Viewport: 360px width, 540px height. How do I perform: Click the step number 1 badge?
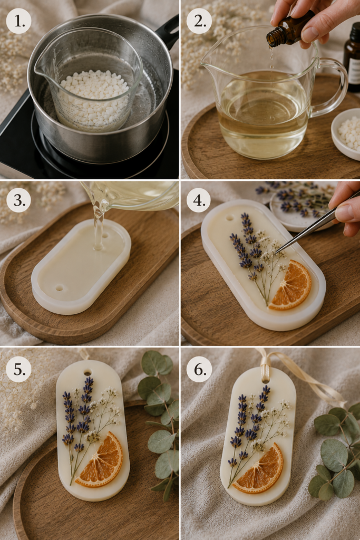18,21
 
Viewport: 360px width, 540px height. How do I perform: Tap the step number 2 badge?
199,21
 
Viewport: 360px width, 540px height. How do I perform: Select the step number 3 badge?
18,200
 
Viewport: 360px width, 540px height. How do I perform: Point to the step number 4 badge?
199,200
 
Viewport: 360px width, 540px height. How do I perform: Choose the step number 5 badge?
18,369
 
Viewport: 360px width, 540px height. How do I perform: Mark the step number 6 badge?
199,369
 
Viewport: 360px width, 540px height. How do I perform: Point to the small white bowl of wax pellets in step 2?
346,133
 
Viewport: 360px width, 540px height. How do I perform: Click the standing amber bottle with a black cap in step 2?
352,57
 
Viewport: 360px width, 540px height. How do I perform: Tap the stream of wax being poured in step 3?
99,224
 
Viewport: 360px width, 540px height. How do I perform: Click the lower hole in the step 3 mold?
60,287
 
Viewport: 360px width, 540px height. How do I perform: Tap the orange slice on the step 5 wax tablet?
101,460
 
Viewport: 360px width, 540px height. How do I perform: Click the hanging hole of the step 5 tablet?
87,372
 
